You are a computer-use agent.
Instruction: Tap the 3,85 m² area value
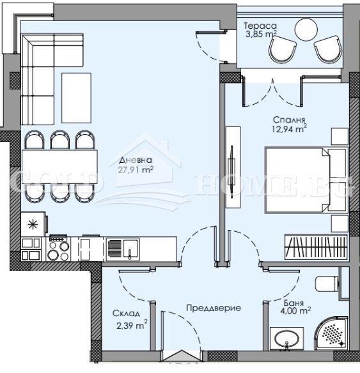pos(260,36)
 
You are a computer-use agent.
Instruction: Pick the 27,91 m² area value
pos(137,170)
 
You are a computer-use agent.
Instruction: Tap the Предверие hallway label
pos(213,308)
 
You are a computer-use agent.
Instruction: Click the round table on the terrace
pos(306,28)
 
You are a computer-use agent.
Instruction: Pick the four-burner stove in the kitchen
pos(58,247)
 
